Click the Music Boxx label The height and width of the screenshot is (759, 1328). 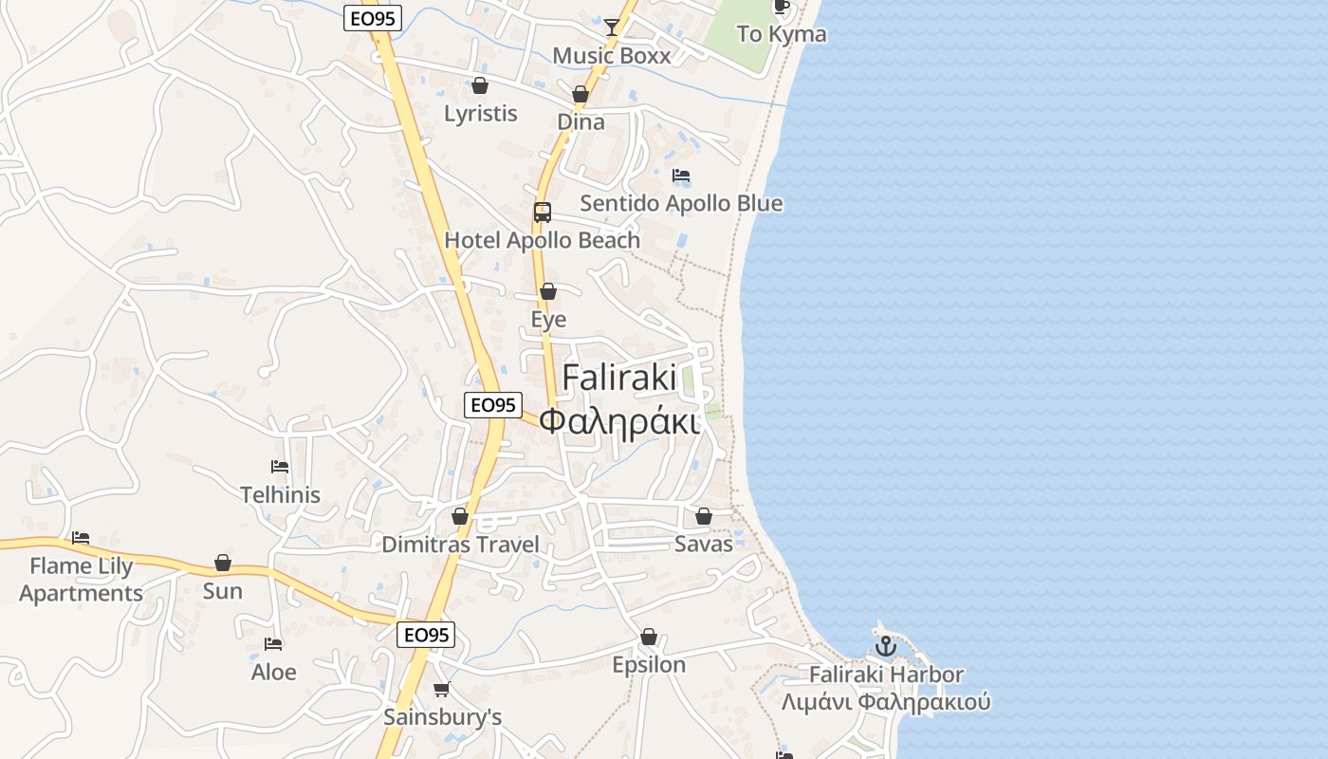(611, 56)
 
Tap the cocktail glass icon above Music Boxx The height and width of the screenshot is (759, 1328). (612, 27)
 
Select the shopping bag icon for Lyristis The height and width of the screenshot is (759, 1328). (480, 85)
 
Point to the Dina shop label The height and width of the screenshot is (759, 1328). (581, 122)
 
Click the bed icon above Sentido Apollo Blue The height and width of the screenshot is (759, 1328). (681, 176)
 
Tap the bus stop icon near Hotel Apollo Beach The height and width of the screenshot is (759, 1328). (543, 213)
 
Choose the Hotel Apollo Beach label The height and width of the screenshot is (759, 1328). (543, 241)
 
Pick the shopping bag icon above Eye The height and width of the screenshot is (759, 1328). (548, 291)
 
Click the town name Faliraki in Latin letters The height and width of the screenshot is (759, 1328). (619, 378)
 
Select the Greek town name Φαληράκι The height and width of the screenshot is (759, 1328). (619, 419)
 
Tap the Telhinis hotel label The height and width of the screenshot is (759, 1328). (280, 495)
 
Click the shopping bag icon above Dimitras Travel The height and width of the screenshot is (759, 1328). (460, 517)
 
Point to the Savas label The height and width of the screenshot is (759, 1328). (704, 544)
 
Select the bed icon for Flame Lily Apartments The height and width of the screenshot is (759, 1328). (81, 538)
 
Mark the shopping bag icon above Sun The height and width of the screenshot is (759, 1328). (223, 563)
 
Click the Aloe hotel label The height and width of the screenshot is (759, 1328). (273, 673)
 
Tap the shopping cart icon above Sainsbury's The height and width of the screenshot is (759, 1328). (441, 689)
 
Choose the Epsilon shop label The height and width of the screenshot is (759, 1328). (649, 665)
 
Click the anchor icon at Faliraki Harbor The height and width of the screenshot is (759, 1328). (885, 647)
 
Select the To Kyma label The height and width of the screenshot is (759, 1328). (782, 35)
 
